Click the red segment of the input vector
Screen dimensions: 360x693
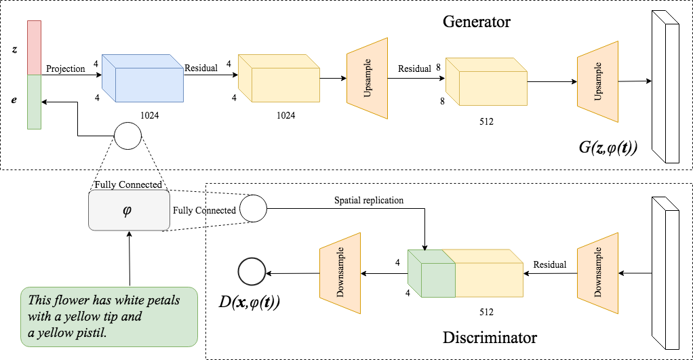34,47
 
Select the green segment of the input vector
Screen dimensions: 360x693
34,102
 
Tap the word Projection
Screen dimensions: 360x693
66,69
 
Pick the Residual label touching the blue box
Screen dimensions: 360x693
201,68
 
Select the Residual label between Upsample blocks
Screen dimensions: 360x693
414,69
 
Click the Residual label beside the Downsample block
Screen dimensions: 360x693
550,265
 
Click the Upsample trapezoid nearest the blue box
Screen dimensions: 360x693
367,79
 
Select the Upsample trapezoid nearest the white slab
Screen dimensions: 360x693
597,81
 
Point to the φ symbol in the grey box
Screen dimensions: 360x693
127,210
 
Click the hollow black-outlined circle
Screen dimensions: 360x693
252,273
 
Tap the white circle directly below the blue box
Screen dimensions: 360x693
127,136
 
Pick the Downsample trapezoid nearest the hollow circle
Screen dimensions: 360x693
340,273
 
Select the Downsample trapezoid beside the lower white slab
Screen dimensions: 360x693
597,273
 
